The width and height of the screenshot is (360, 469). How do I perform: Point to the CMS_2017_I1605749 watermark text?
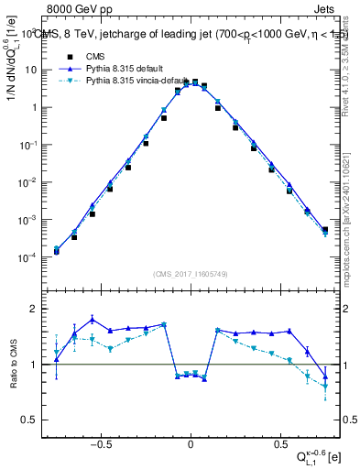tap(190, 274)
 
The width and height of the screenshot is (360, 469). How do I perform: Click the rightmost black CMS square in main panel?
tap(325, 229)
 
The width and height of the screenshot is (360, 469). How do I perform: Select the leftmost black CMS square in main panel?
tap(57, 251)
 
